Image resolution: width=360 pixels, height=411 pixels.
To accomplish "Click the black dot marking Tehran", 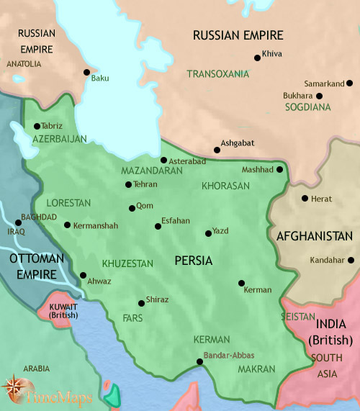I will (128, 185).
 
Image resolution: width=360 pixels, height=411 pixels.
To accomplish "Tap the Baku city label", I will (100, 78).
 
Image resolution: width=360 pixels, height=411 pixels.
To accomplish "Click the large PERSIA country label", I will (194, 261).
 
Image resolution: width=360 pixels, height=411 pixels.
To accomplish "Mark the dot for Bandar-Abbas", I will (200, 362).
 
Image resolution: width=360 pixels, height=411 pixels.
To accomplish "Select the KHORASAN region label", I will (226, 186).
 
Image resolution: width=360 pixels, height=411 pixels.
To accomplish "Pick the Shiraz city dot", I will (141, 302).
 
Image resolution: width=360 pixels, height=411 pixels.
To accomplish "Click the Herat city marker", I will (305, 199).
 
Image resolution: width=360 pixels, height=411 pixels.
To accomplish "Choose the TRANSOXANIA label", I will (217, 74).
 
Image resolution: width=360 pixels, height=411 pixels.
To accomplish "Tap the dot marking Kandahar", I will (351, 261).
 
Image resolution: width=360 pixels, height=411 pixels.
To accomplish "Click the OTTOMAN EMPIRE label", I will (32, 266).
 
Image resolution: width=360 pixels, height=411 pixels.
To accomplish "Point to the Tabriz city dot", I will (37, 125).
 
